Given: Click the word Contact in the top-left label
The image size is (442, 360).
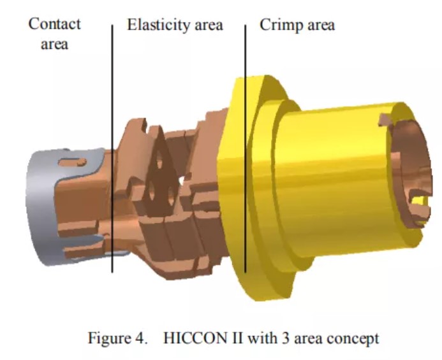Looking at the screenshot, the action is (54, 24).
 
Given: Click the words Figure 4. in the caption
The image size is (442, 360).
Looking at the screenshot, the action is (117, 338).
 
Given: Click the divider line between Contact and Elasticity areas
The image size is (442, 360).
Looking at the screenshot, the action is (112, 148).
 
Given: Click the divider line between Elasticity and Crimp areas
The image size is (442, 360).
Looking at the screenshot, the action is (246, 148).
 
